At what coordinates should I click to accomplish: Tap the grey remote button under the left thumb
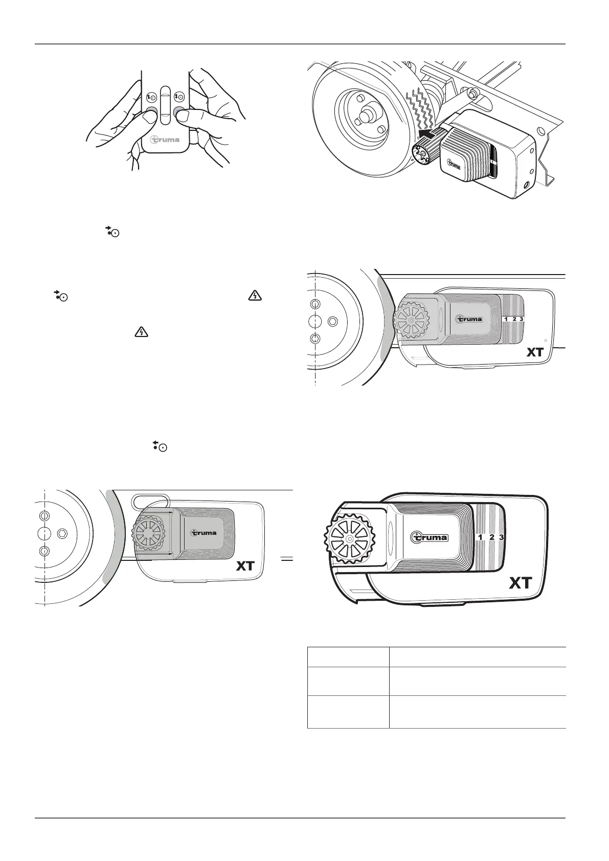pyautogui.click(x=151, y=113)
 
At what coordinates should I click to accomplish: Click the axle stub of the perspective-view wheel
pyautogui.click(x=366, y=116)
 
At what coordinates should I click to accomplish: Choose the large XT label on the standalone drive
pyautogui.click(x=521, y=582)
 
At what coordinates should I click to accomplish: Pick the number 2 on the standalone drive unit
pyautogui.click(x=491, y=537)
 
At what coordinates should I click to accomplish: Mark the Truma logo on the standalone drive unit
pyautogui.click(x=430, y=537)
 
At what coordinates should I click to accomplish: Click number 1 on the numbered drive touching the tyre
pyautogui.click(x=506, y=319)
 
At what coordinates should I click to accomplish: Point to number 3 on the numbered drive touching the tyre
pyautogui.click(x=521, y=319)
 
